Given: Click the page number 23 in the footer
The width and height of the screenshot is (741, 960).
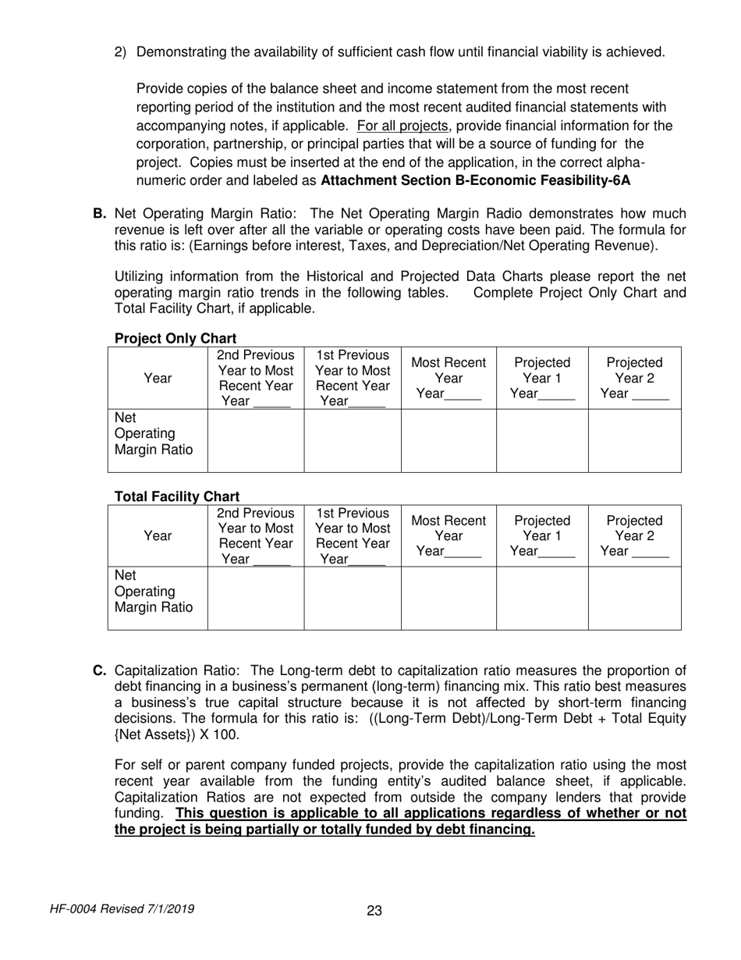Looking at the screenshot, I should pos(374,911).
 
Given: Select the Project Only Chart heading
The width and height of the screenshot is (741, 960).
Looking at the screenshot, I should pos(175,339).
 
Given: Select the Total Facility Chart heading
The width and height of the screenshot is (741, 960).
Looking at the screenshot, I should pos(177,496).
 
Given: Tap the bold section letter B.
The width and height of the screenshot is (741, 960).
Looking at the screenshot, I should pos(99,214).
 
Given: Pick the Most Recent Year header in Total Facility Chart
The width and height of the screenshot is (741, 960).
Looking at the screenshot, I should pos(448,535).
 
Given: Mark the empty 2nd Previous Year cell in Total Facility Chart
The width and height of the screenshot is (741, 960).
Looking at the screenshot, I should pos(255,598).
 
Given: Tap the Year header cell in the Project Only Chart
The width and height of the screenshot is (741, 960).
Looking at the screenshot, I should pos(158,379).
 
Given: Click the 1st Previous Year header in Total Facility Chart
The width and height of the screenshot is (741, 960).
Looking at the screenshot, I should pos(353,535).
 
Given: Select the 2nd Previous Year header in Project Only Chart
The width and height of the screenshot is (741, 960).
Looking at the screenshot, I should pos(255,379).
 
